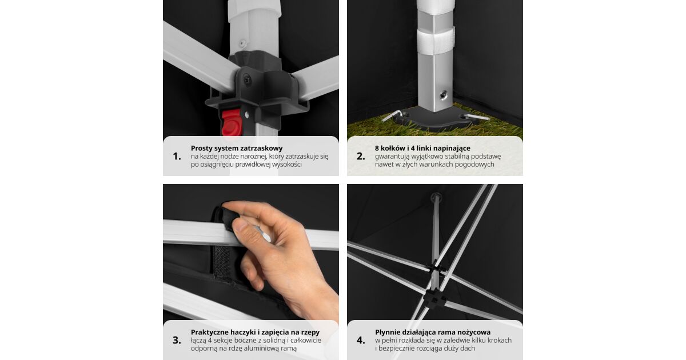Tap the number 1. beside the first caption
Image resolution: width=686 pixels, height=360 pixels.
click(177, 157)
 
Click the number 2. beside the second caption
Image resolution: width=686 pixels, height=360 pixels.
click(361, 157)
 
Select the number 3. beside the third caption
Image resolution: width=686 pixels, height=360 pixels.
click(177, 340)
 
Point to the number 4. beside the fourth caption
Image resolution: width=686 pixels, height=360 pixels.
click(361, 340)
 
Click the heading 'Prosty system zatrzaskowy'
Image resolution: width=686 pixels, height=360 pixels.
click(237, 149)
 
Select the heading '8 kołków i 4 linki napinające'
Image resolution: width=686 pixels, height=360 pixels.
click(422, 148)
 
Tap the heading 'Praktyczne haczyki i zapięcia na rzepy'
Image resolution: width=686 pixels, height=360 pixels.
click(255, 333)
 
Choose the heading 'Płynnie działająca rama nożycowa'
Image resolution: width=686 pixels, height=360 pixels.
click(433, 333)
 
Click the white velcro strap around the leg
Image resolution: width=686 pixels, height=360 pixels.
click(436, 41)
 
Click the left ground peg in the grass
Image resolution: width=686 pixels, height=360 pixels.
click(392, 115)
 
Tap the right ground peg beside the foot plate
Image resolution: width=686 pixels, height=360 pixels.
click(477, 117)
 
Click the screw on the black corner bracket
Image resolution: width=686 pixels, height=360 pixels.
click(247, 81)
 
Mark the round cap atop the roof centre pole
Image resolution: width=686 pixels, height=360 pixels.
click(436, 196)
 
